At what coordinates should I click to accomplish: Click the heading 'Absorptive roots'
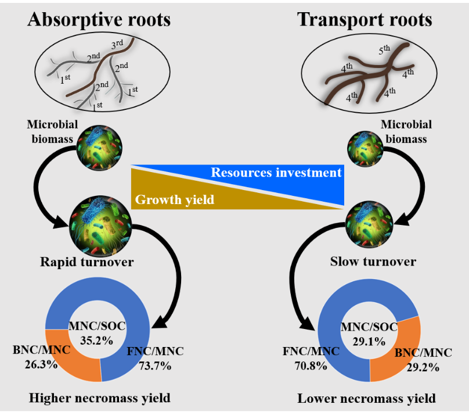click(99, 19)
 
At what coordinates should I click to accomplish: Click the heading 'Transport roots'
click(365, 19)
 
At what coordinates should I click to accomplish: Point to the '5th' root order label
click(384, 51)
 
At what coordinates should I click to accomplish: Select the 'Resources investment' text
click(276, 173)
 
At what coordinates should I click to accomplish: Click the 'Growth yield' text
click(175, 201)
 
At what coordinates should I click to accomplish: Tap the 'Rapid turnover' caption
click(87, 262)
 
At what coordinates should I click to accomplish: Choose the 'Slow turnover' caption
click(373, 262)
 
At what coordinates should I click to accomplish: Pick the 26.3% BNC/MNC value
click(41, 364)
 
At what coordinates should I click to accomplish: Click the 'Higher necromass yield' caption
click(100, 398)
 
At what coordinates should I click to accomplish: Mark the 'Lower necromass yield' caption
click(367, 399)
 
